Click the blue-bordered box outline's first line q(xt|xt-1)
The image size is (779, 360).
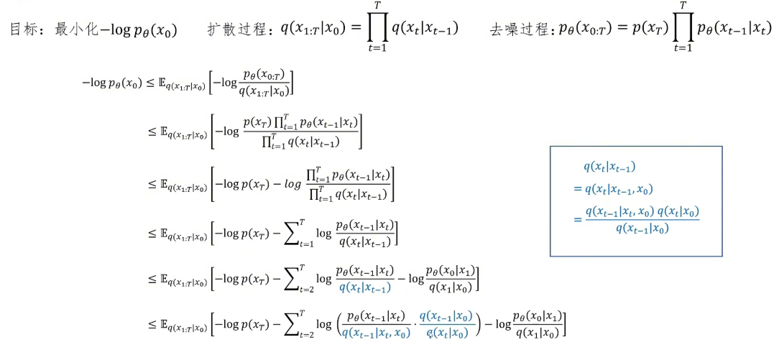609,167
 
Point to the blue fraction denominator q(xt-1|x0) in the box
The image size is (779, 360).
642,229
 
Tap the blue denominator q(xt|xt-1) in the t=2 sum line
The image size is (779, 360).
364,288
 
